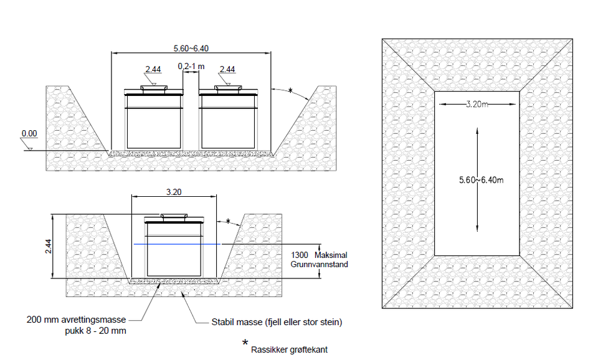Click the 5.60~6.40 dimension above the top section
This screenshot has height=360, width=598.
[x=191, y=49]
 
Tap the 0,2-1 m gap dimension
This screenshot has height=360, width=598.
[x=191, y=67]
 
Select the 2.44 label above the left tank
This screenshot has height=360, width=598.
[x=153, y=69]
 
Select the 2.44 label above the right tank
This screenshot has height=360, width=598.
[x=227, y=69]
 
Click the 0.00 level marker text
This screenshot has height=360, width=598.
[x=29, y=133]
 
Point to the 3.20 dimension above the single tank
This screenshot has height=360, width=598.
[x=174, y=192]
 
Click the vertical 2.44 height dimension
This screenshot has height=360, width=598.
[x=49, y=247]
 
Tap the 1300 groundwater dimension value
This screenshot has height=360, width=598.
[x=300, y=255]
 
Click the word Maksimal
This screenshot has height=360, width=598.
[x=331, y=255]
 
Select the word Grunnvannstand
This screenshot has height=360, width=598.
[x=319, y=264]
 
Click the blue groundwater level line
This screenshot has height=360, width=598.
[x=177, y=244]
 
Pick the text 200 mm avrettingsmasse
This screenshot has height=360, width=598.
[x=76, y=320]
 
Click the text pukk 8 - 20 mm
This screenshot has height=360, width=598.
[x=95, y=331]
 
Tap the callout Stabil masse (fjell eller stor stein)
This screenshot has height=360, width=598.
[x=277, y=322]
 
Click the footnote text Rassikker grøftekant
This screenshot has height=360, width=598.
[x=289, y=349]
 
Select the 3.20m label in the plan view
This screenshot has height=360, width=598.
[x=477, y=104]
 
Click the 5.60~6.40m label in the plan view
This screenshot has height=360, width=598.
[x=482, y=180]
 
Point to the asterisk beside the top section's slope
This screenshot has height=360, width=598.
[x=290, y=91]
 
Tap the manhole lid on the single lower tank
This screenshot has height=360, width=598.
[x=174, y=216]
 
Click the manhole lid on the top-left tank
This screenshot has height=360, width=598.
[x=154, y=88]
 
